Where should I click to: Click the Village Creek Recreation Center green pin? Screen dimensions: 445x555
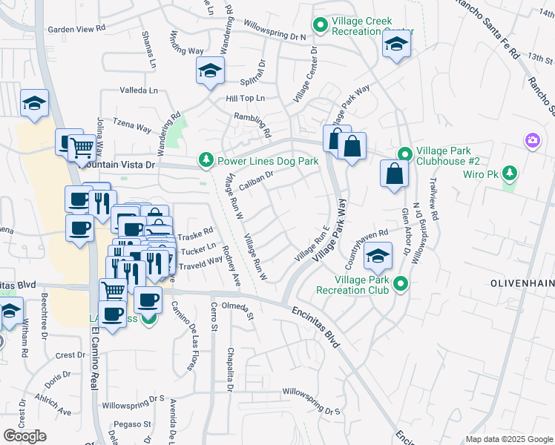pyautogui.click(x=321, y=27)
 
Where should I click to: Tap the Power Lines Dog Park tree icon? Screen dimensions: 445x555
pyautogui.click(x=206, y=160)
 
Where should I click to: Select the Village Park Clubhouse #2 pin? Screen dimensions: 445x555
pyautogui.click(x=404, y=154)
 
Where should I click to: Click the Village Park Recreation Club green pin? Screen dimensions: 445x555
pyautogui.click(x=401, y=284)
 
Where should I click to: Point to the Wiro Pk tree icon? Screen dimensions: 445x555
pyautogui.click(x=509, y=174)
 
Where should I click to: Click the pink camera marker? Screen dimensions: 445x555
pyautogui.click(x=532, y=139)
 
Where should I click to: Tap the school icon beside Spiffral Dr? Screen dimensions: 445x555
pyautogui.click(x=210, y=70)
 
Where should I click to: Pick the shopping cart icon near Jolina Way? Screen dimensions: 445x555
pyautogui.click(x=81, y=148)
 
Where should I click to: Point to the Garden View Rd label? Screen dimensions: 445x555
pyautogui.click(x=76, y=29)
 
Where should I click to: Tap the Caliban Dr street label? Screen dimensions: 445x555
pyautogui.click(x=257, y=178)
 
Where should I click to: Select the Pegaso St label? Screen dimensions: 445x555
pyautogui.click(x=137, y=424)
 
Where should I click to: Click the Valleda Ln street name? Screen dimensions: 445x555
pyautogui.click(x=139, y=90)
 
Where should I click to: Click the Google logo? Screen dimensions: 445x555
pyautogui.click(x=24, y=436)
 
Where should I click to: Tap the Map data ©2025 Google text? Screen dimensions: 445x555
pyautogui.click(x=509, y=439)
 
